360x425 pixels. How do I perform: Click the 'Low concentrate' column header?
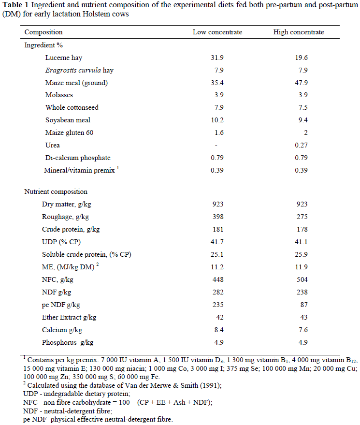pos(217,32)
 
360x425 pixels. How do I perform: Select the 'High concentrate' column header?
pos(299,32)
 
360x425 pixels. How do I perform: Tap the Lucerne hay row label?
pos(63,58)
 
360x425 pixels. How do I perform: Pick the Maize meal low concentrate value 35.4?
pos(217,83)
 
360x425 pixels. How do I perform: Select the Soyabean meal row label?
pos(68,120)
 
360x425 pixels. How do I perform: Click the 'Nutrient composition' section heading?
pos(56,191)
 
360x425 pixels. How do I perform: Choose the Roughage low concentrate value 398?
pos(217,217)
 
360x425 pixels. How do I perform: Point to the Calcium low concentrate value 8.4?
pos(217,330)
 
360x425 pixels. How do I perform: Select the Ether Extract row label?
pos(69,317)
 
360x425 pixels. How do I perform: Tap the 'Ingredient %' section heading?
pos(43,45)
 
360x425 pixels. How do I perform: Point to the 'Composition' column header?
pos(43,32)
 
